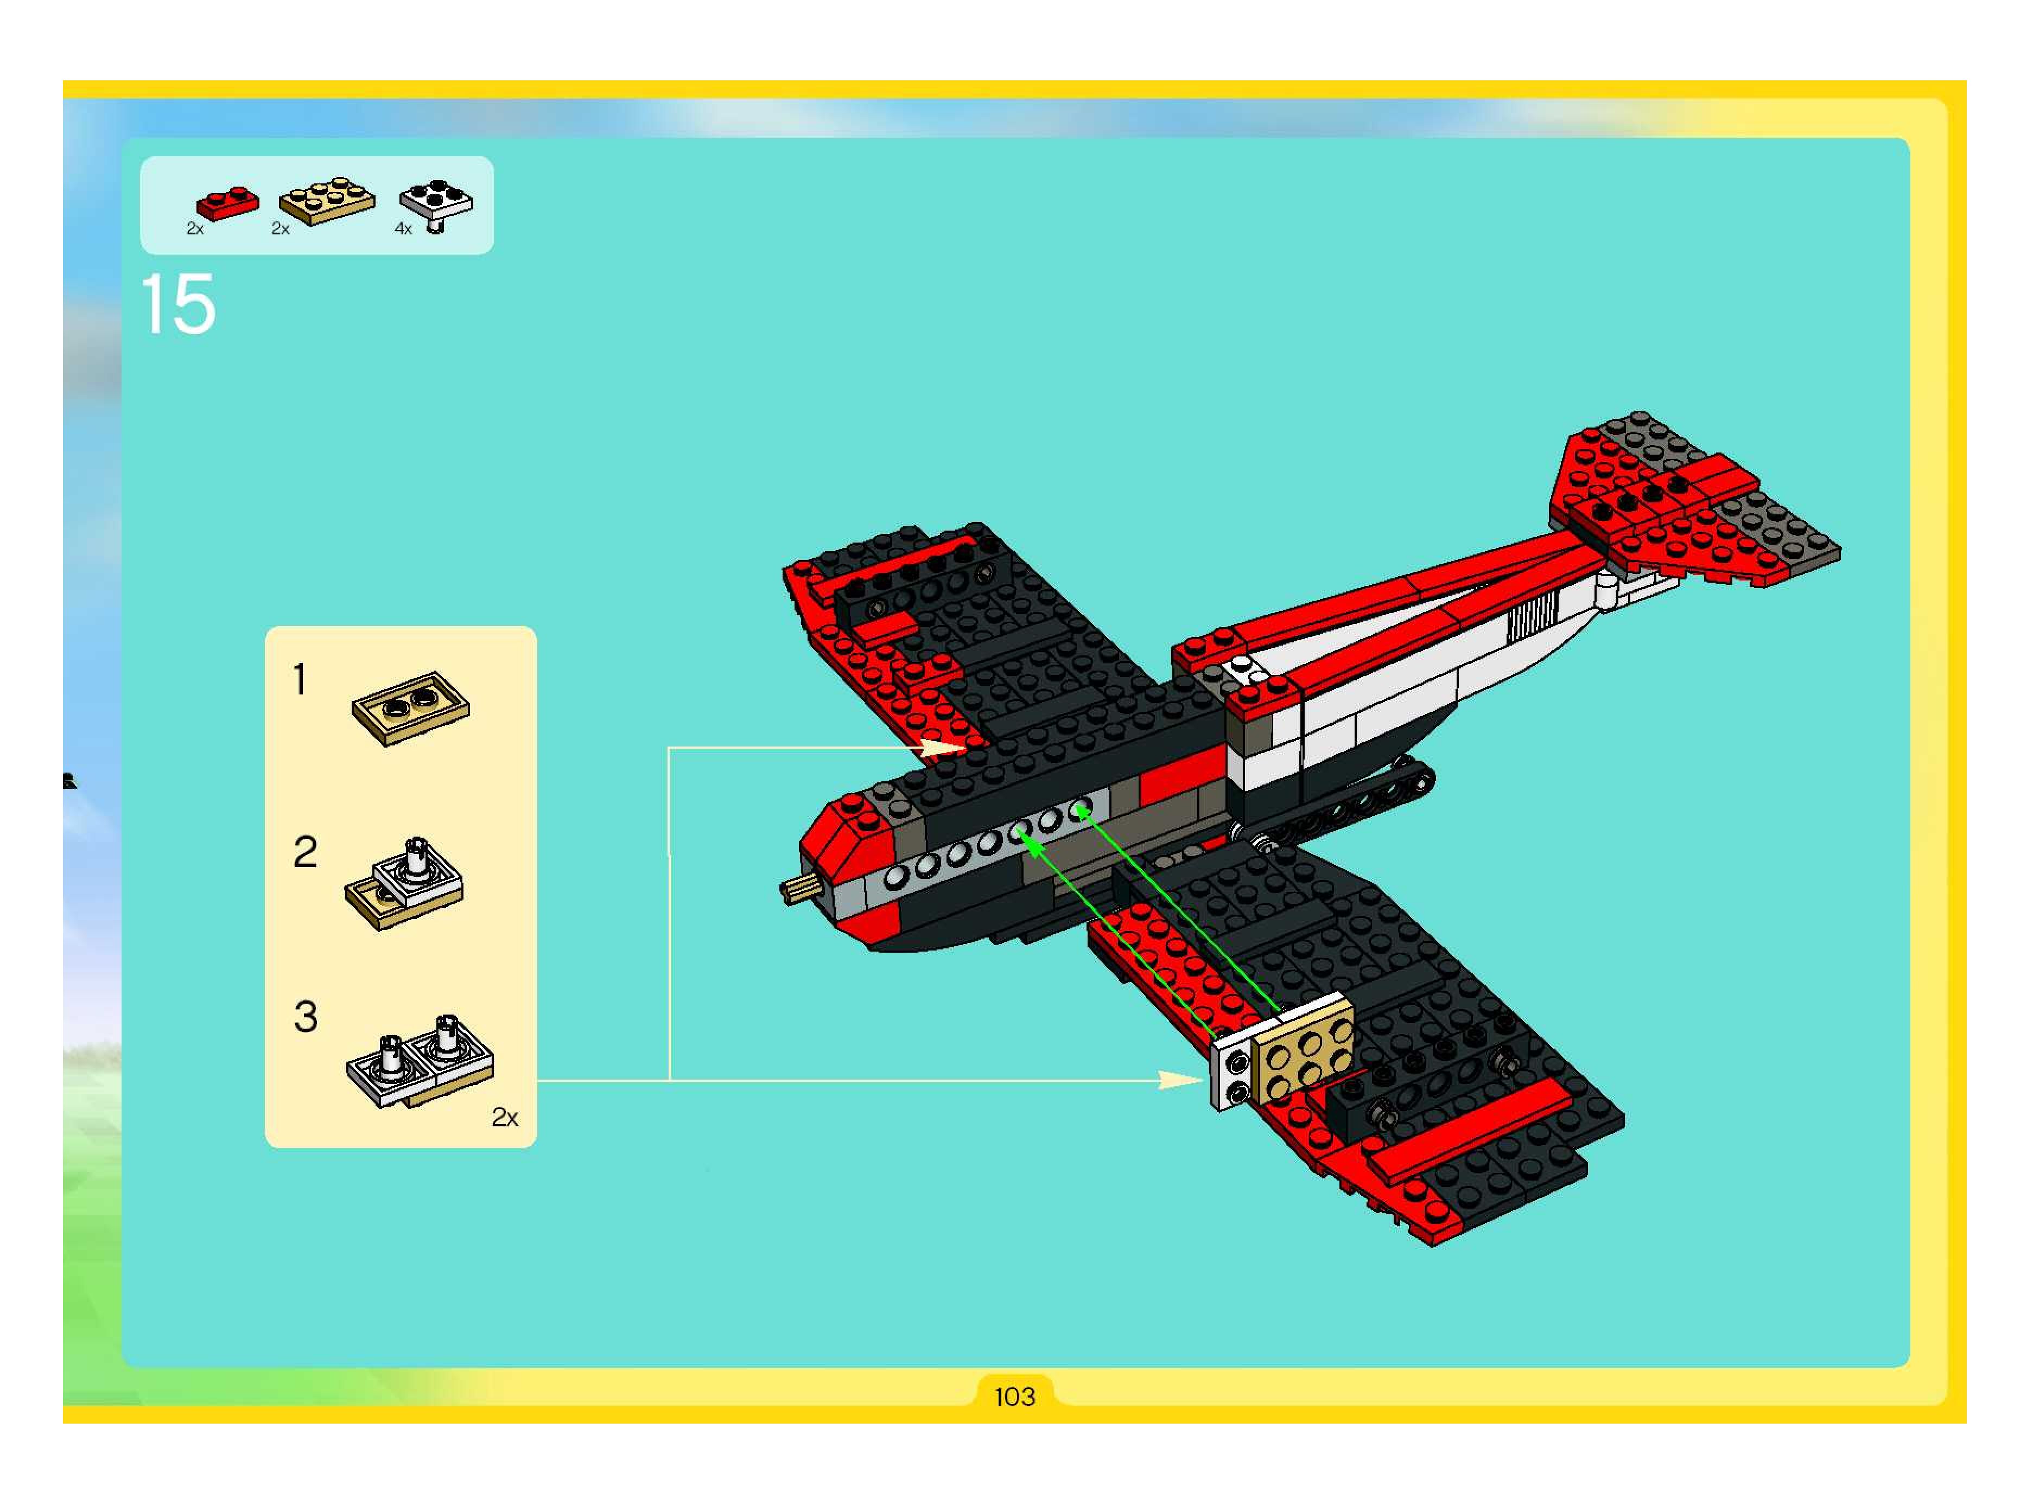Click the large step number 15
pos(179,305)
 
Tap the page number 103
pos(1014,1396)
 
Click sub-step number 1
pos(300,680)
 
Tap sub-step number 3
pos(305,1017)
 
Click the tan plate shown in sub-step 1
pos(411,708)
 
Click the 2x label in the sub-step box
pos(504,1118)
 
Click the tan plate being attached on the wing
pos(1303,1048)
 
